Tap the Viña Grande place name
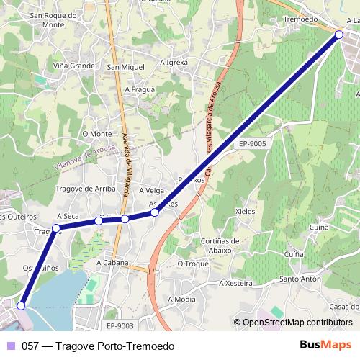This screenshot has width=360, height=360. click(73, 65)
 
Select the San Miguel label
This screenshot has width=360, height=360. click(122, 68)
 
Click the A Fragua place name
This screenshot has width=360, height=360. click(140, 89)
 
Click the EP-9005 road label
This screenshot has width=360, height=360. click(253, 144)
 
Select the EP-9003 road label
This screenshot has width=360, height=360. click(120, 325)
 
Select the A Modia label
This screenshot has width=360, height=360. click(181, 298)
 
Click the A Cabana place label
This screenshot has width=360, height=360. click(112, 263)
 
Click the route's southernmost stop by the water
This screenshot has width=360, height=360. click(21, 306)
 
